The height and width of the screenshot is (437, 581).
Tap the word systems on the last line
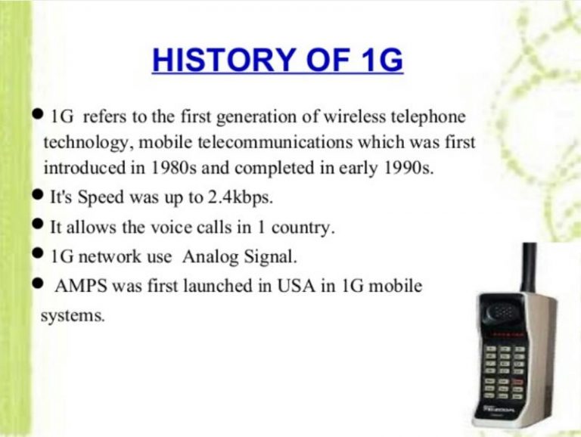click(73, 315)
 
